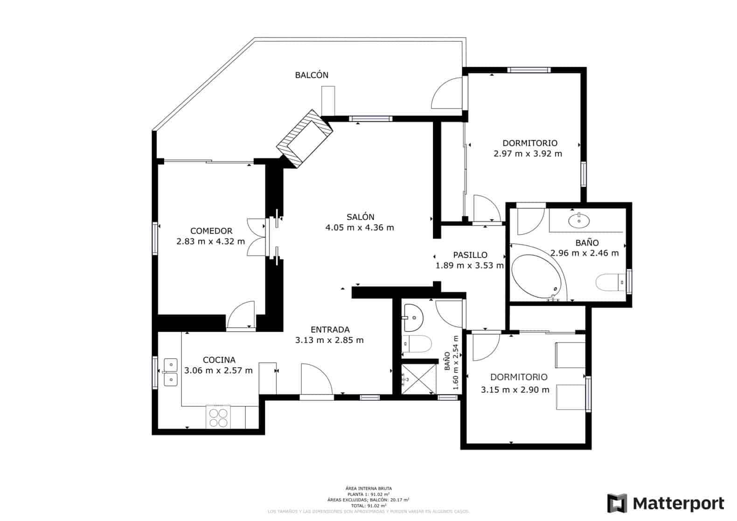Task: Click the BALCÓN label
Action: tap(312, 75)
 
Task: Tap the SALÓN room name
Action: tap(360, 217)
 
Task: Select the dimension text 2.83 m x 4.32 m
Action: tap(210, 241)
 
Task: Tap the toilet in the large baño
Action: tap(609, 282)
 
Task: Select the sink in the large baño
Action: tap(579, 219)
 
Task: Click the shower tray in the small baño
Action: tap(418, 379)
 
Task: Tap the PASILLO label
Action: tap(470, 255)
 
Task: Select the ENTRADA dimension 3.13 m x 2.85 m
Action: tap(329, 340)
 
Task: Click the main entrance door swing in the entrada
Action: tap(316, 380)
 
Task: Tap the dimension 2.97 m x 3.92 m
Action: tap(528, 153)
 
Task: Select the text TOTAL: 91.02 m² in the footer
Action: tap(368, 505)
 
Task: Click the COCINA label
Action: tap(219, 360)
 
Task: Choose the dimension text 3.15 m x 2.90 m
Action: tap(515, 390)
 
